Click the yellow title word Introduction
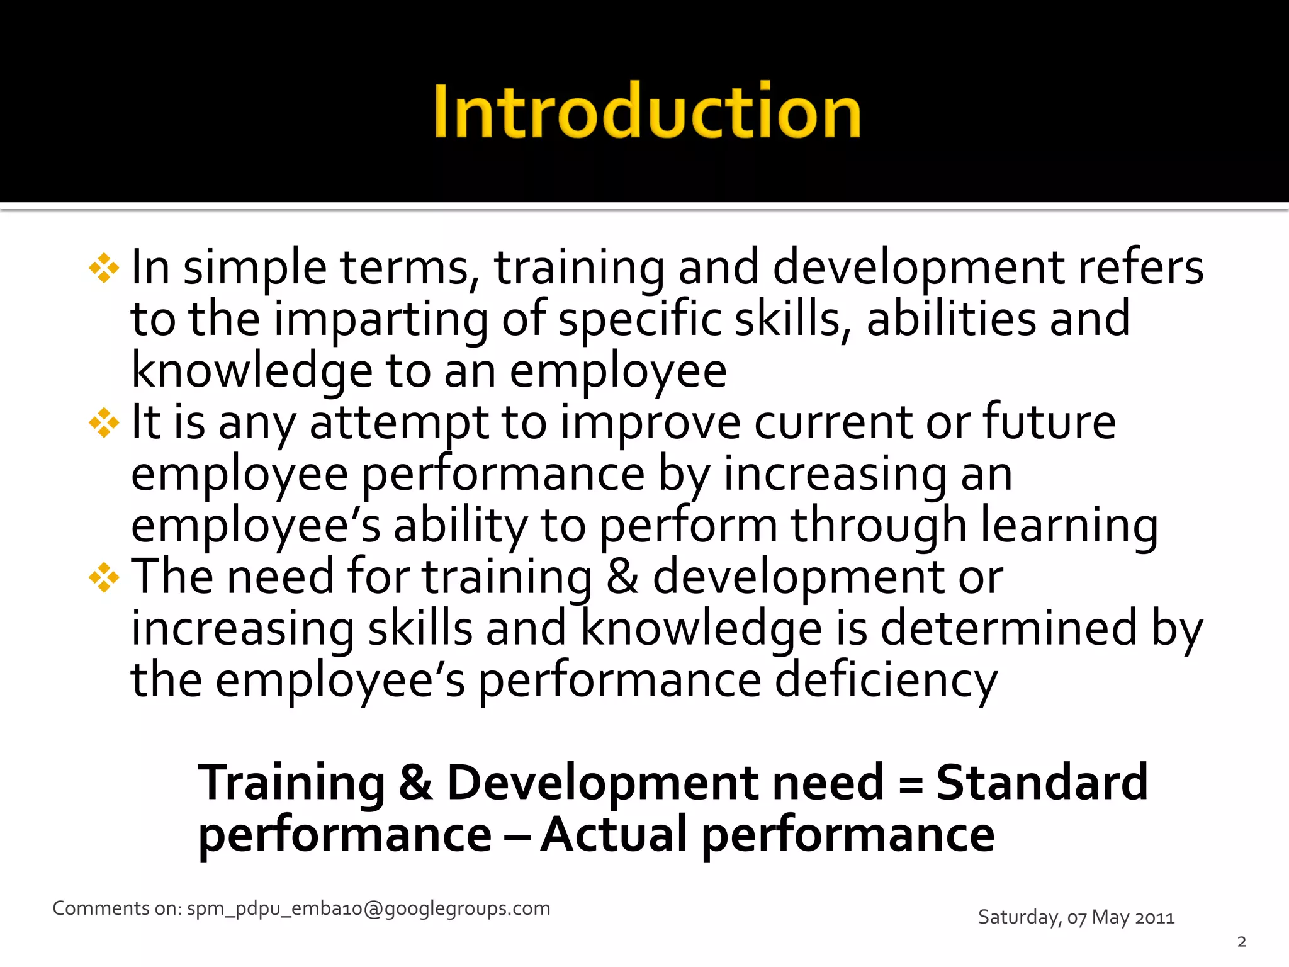click(x=647, y=111)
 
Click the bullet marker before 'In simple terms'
click(x=104, y=269)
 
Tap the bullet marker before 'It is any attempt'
click(x=104, y=423)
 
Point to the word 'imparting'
click(x=381, y=320)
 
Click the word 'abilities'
click(x=950, y=319)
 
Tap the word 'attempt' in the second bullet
click(x=399, y=423)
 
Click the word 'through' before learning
click(x=879, y=526)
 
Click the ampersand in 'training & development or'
click(x=622, y=577)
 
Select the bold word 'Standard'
click(x=1042, y=783)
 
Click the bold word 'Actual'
click(x=614, y=835)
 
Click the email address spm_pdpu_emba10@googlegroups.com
click(x=368, y=908)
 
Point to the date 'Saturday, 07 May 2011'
click(x=1076, y=917)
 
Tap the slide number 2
click(x=1241, y=942)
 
